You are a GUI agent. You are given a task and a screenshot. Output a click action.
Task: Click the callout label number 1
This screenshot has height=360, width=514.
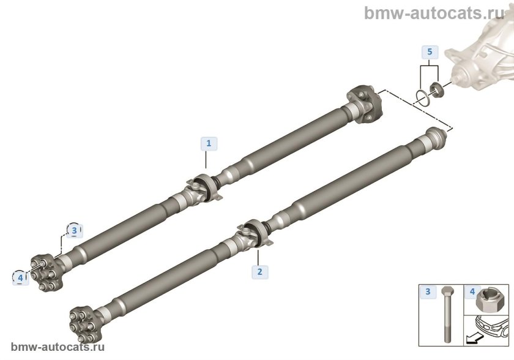coord(209,144)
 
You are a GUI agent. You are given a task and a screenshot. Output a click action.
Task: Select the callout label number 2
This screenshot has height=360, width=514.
coord(260,272)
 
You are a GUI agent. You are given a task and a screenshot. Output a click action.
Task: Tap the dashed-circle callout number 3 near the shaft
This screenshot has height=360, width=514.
coord(74,230)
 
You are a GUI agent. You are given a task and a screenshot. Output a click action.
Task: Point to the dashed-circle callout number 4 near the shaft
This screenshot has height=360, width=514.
coord(20,278)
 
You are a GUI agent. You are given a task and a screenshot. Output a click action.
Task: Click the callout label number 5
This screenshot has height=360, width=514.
coord(430,52)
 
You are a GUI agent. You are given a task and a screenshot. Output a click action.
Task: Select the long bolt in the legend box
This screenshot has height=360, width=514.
coord(447,315)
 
